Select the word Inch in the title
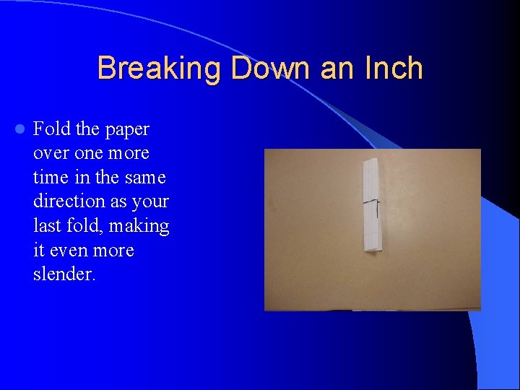point(393,69)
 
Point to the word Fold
point(52,129)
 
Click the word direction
point(68,201)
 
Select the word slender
point(64,274)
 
